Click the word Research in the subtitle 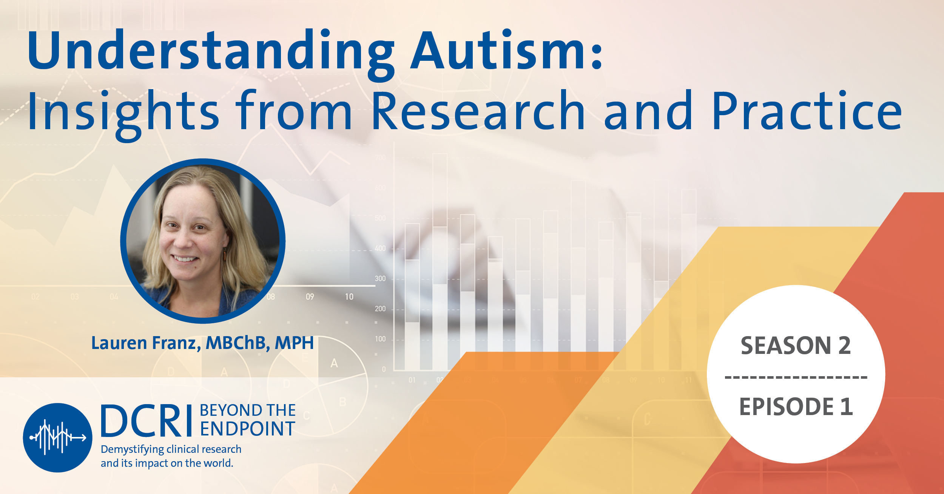coord(478,111)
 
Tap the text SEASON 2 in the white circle coord(796,345)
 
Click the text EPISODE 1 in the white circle coord(796,407)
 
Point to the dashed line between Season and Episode coord(796,377)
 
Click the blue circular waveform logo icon coord(57,437)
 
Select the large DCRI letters coord(147,421)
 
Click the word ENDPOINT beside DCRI coord(247,429)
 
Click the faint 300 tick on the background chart coord(380,278)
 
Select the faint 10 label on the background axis coord(349,297)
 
